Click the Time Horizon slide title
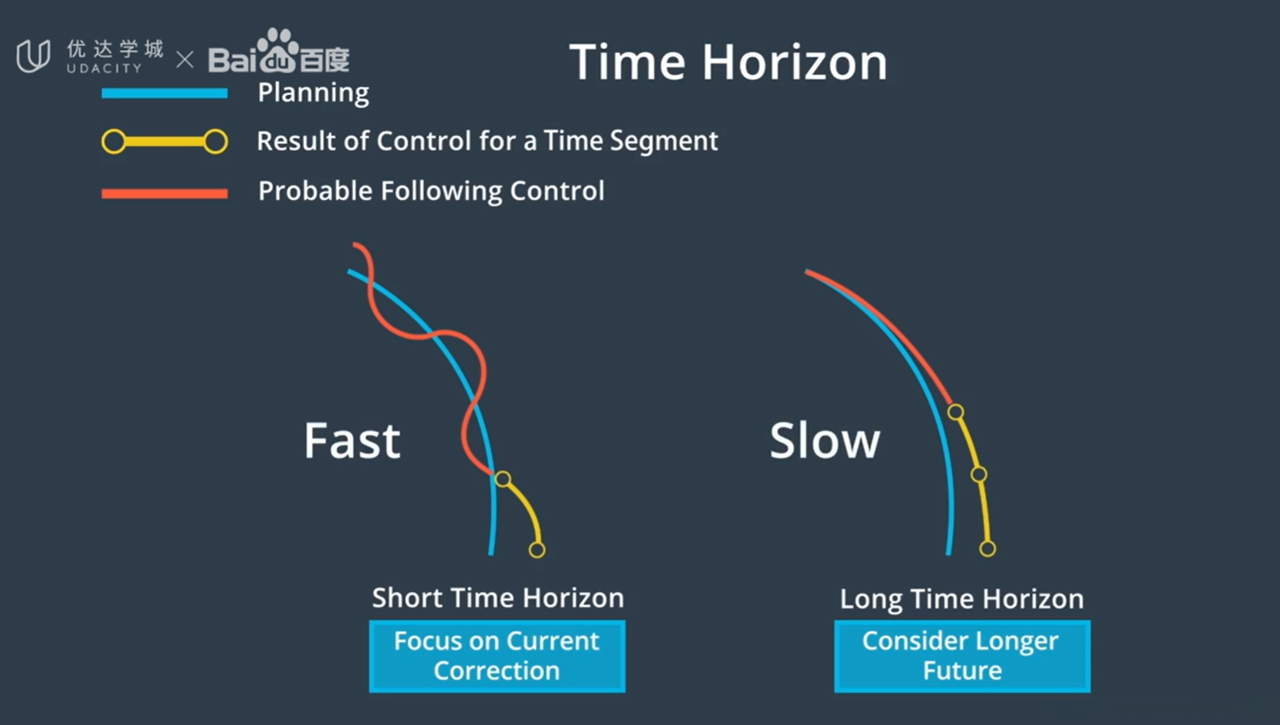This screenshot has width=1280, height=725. click(x=729, y=62)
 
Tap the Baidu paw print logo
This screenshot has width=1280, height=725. click(x=277, y=51)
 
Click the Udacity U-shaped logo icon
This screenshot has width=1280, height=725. click(x=33, y=56)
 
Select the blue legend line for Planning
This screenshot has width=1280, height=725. click(x=165, y=93)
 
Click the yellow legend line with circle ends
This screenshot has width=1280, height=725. click(x=165, y=141)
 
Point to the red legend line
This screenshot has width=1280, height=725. click(x=165, y=193)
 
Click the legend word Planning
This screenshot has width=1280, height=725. click(x=313, y=92)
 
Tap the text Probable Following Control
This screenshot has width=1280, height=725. click(x=432, y=191)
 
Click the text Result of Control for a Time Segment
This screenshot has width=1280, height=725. click(x=487, y=141)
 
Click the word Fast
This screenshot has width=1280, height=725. click(x=352, y=440)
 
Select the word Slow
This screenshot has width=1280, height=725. click(x=825, y=440)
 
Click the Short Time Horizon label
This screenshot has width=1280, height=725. click(x=498, y=598)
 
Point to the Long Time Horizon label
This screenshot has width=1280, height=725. click(x=962, y=599)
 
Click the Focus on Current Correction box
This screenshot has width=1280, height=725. click(x=497, y=656)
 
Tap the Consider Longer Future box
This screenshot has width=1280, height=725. click(x=963, y=656)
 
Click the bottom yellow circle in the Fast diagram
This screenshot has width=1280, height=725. click(x=537, y=550)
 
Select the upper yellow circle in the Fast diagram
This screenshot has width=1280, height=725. click(x=503, y=478)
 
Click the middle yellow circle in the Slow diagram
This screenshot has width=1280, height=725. click(x=979, y=474)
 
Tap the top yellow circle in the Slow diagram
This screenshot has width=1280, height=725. click(x=955, y=411)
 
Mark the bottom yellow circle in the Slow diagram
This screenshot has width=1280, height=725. click(x=987, y=549)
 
